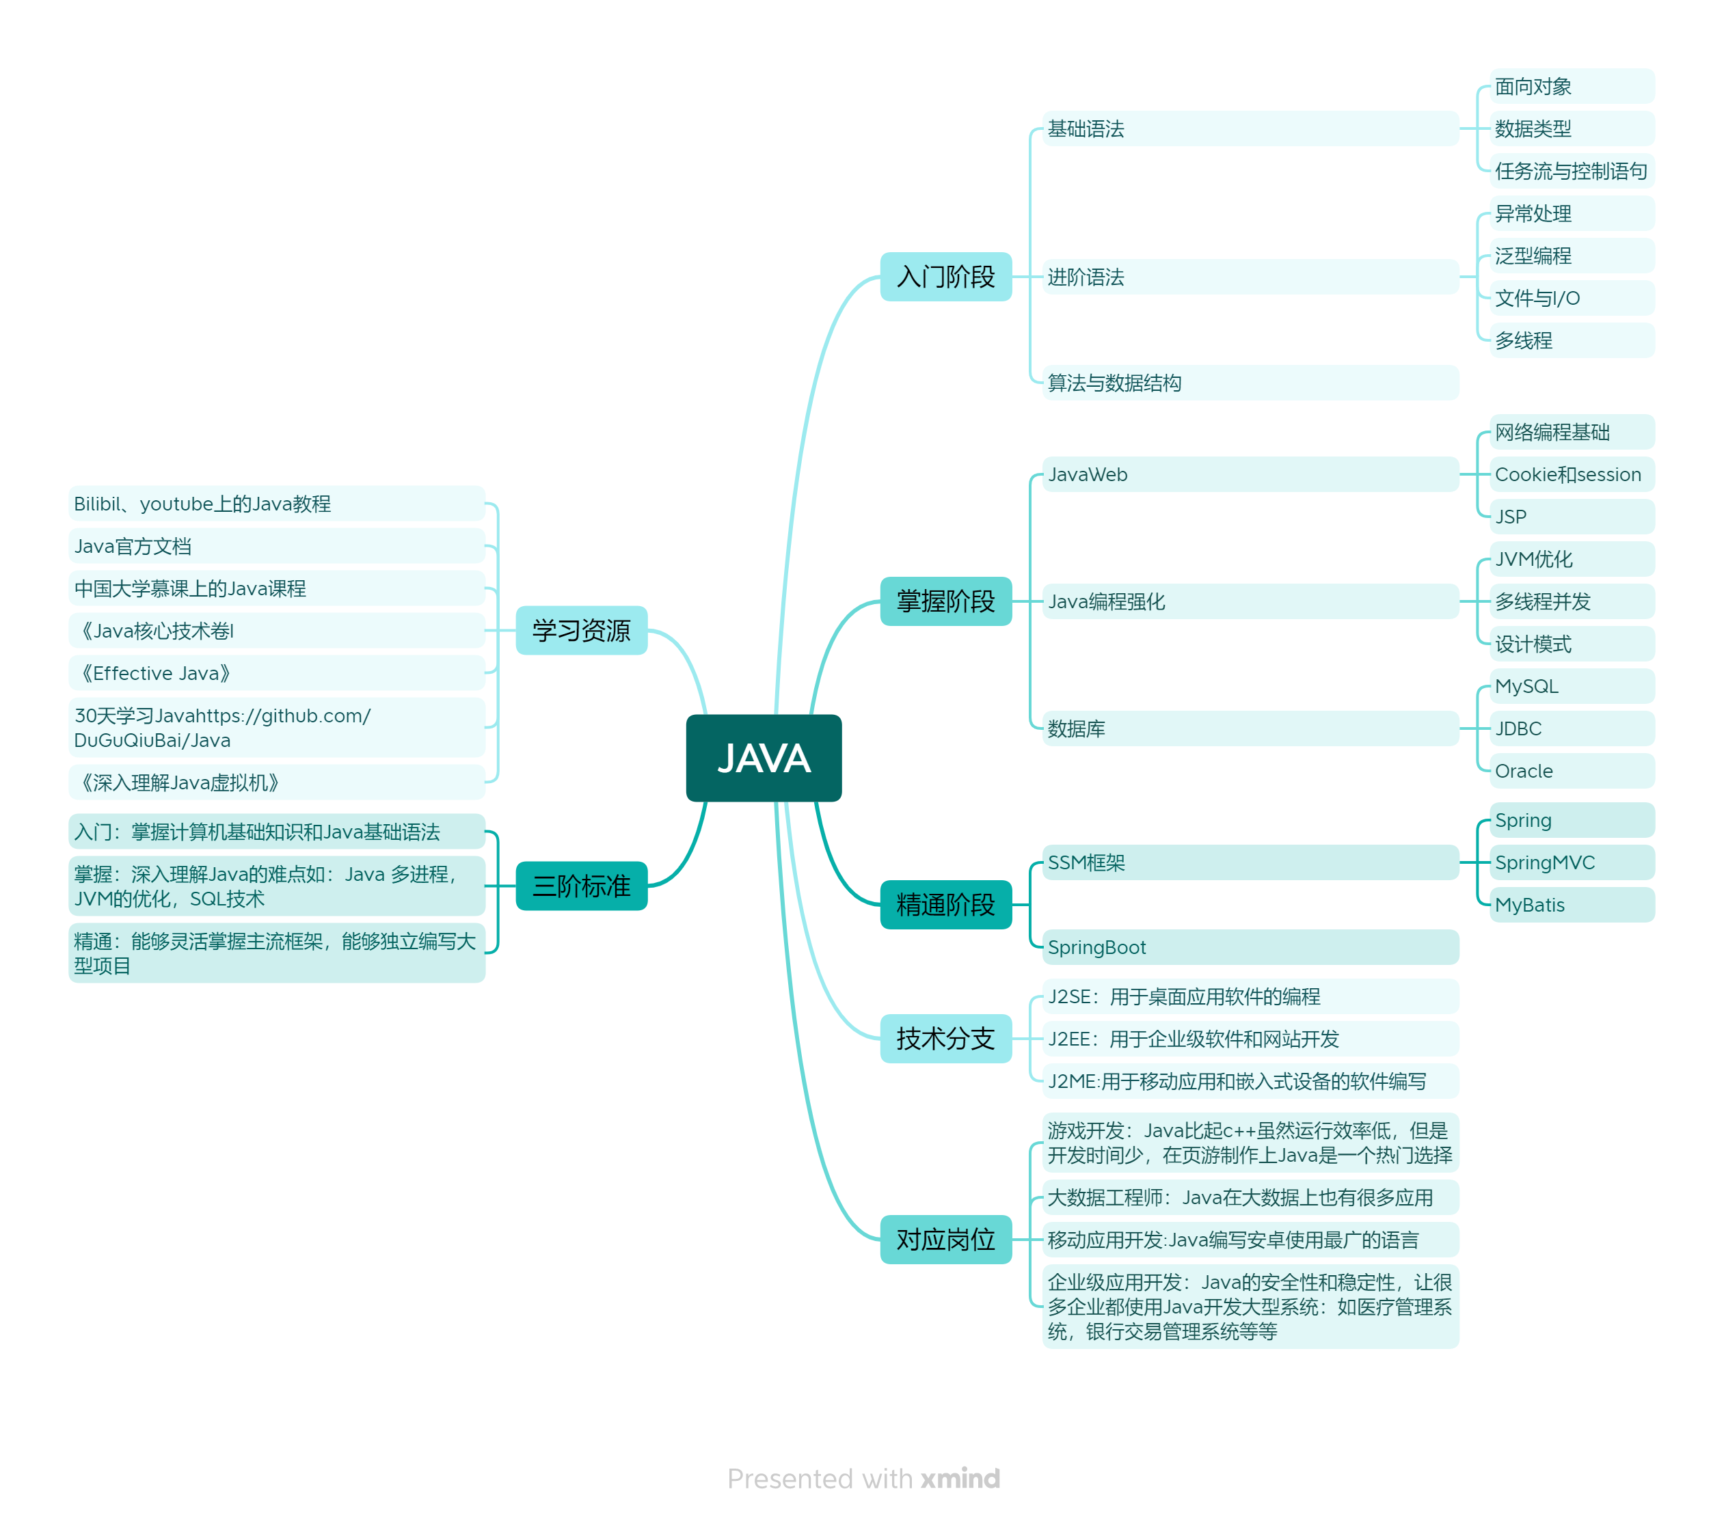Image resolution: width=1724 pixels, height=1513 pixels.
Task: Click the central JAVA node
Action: tap(764, 757)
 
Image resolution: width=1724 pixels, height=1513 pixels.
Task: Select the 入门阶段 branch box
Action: tap(945, 277)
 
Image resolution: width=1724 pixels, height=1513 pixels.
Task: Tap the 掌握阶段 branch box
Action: tap(945, 601)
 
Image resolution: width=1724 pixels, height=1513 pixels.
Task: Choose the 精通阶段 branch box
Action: tap(945, 905)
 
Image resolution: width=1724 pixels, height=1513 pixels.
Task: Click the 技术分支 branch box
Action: tap(945, 1038)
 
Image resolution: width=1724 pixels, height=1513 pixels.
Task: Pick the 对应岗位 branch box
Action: tap(945, 1239)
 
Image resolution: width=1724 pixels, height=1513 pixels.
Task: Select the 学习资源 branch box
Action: tap(581, 630)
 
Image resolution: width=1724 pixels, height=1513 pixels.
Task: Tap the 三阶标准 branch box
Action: tap(581, 886)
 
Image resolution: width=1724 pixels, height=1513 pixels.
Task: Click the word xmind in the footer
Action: tap(960, 1478)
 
